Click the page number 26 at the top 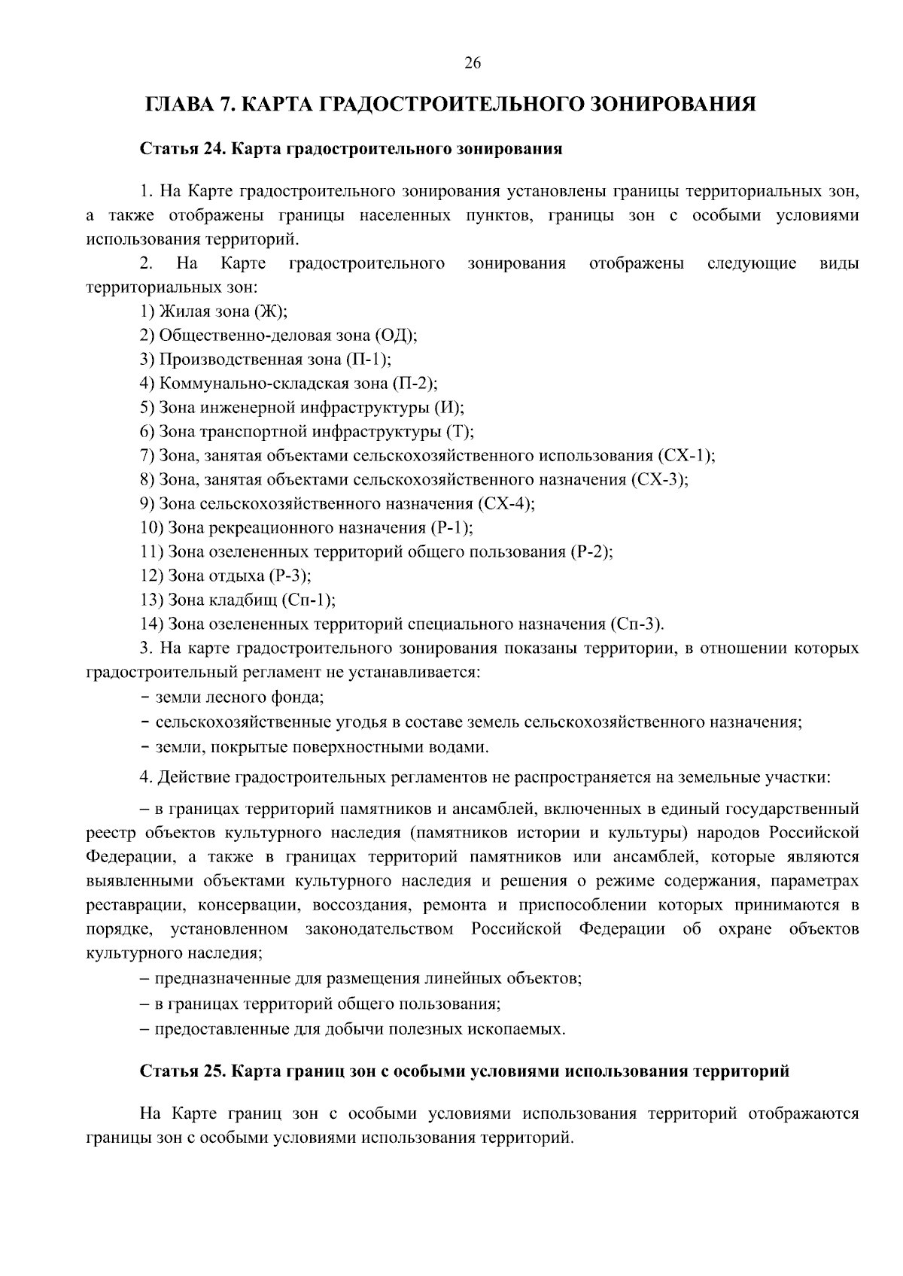click(x=473, y=63)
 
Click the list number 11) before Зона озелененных click(x=151, y=551)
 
